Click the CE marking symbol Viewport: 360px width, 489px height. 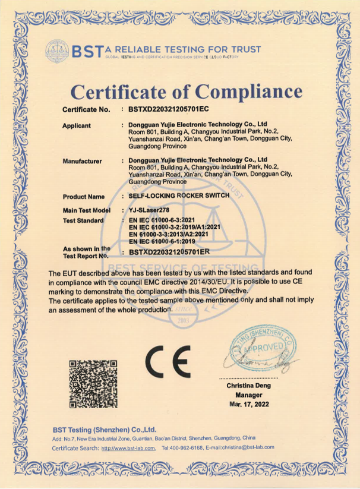click(x=168, y=361)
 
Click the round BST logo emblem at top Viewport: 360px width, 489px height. click(x=56, y=52)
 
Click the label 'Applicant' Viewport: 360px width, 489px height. click(x=77, y=125)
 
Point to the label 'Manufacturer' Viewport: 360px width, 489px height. click(x=82, y=161)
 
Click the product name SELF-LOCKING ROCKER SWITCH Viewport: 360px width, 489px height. click(x=179, y=196)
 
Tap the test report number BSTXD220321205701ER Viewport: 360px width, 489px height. click(x=170, y=251)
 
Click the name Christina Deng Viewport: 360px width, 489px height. click(x=248, y=386)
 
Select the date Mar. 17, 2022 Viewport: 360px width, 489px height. click(x=248, y=403)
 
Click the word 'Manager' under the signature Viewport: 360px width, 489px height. click(x=248, y=395)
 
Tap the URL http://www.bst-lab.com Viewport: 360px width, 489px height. click(x=128, y=447)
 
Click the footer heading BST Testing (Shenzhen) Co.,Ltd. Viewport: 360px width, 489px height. click(x=104, y=428)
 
